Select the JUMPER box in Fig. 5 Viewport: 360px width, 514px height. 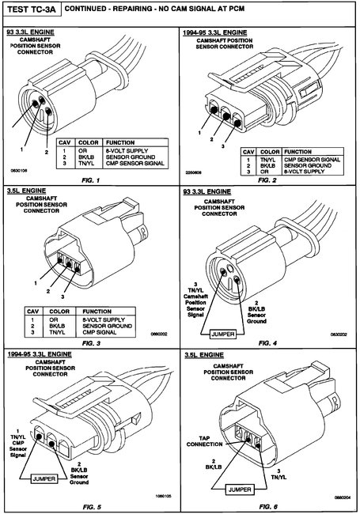pyautogui.click(x=40, y=478)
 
